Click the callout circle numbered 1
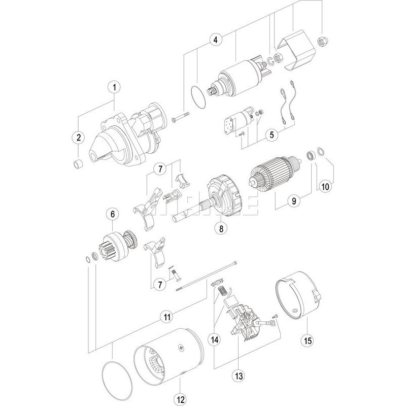tap(115, 87)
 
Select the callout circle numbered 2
tap(79, 137)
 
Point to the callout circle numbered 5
tap(272, 135)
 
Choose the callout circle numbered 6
tap(112, 215)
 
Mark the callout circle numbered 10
tap(325, 186)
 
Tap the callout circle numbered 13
tap(238, 376)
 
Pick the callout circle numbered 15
tap(306, 341)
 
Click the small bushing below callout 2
tap(79, 163)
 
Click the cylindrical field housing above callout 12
tap(167, 358)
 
